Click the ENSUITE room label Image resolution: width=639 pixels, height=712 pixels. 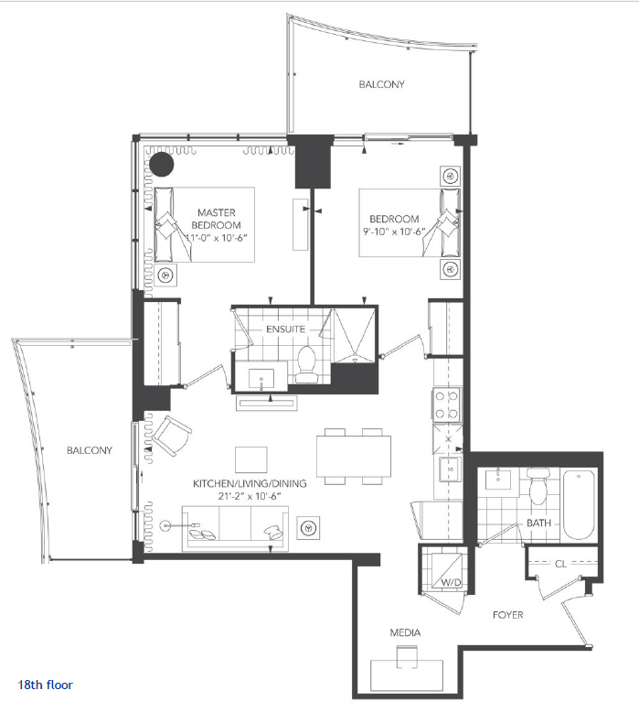285,329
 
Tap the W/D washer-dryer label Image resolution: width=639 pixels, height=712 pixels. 451,582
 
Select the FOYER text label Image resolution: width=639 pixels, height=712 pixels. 508,615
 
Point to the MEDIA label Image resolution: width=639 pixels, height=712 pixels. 405,632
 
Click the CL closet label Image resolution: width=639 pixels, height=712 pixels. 560,564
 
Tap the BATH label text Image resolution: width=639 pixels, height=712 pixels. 538,523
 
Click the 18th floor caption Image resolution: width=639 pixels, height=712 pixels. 45,685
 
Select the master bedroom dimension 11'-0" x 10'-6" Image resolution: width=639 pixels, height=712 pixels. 217,237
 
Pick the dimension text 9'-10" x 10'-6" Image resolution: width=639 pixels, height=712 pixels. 394,232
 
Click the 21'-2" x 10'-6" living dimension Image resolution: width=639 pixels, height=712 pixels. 250,496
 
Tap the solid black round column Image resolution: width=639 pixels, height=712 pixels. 162,164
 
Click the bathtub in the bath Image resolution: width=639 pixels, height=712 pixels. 579,504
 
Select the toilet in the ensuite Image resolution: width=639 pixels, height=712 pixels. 306,364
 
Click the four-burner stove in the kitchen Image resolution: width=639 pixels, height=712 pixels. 447,405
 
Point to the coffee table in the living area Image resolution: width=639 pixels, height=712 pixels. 250,459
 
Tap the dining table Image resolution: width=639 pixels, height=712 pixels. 354,456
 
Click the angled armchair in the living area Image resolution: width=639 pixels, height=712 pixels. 172,436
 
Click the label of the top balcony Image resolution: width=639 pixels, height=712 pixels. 381,84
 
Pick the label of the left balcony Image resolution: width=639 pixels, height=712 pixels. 90,450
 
